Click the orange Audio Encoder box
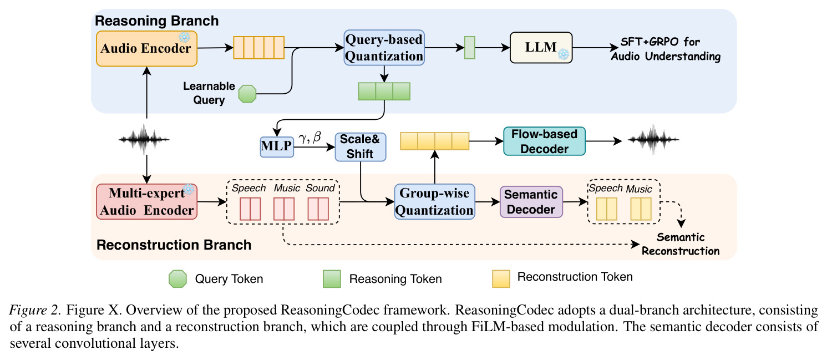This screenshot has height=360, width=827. (146, 48)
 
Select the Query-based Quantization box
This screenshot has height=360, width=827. (384, 48)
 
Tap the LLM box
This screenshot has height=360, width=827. (541, 48)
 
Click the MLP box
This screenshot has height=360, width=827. (277, 146)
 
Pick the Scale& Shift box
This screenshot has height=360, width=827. (361, 147)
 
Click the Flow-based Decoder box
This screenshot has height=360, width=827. (544, 141)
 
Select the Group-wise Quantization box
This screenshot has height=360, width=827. (434, 201)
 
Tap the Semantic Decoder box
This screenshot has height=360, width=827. (531, 201)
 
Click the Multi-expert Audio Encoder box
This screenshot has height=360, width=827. (146, 201)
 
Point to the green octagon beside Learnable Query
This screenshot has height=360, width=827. (247, 94)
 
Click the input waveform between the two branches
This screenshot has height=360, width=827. (144, 139)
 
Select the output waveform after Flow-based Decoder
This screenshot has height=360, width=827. (653, 139)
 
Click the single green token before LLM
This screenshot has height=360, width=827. (470, 48)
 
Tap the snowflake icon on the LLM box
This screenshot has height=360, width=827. (564, 55)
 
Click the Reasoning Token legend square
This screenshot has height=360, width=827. (332, 279)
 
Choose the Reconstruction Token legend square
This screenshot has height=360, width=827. (501, 279)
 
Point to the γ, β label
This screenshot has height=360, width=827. (310, 138)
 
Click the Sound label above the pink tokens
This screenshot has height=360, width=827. (320, 188)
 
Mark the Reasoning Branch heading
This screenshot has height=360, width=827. (157, 21)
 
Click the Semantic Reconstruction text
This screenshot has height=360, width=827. (681, 244)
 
